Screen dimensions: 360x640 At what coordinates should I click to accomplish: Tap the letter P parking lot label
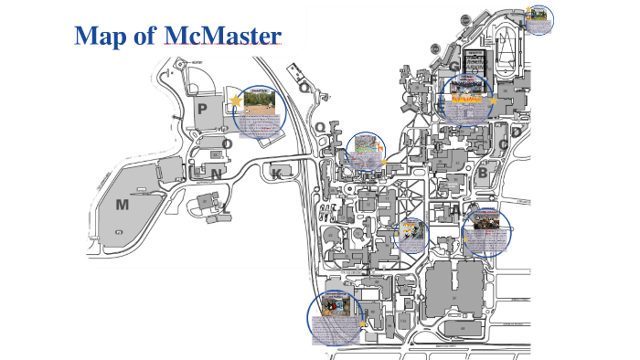point(202,109)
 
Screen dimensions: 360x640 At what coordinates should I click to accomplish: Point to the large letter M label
point(122,205)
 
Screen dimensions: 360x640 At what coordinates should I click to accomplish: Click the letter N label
point(216,174)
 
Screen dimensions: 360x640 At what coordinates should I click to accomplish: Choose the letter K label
point(277,174)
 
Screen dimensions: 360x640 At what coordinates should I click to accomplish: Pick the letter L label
point(225,207)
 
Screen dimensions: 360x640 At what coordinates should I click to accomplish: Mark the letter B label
point(483,172)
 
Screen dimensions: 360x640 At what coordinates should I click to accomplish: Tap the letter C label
point(503,144)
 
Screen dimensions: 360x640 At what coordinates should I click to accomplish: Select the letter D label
point(517,132)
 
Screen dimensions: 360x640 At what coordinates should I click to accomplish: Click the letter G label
point(453,66)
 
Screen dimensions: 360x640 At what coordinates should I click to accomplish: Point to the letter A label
point(455,209)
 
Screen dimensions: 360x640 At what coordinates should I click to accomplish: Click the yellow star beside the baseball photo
point(236,101)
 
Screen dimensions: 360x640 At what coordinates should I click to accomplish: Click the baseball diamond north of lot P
point(204,80)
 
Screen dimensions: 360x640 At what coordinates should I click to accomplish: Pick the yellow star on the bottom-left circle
point(363,322)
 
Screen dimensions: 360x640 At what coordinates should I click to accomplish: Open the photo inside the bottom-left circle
point(330,305)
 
